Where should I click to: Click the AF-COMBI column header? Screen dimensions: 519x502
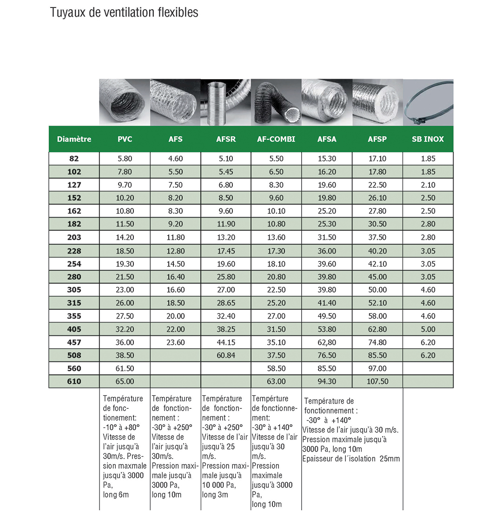[x=276, y=139]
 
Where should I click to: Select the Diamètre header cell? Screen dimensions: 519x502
[x=74, y=139]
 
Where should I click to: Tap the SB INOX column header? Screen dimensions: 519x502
[x=428, y=139]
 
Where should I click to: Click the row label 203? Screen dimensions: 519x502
[x=74, y=237]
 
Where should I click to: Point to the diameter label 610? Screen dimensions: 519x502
[x=74, y=381]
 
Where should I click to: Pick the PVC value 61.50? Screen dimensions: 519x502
[x=125, y=368]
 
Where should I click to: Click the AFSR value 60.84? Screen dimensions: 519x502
[x=226, y=355]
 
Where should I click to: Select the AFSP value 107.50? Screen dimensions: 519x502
[x=377, y=381]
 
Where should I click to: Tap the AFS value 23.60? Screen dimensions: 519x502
[x=175, y=342]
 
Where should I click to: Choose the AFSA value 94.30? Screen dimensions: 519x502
[x=327, y=381]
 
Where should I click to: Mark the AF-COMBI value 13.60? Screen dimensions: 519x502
[x=276, y=237]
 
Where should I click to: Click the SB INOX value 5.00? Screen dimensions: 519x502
[x=428, y=329]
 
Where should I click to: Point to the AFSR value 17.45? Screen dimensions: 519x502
[x=226, y=251]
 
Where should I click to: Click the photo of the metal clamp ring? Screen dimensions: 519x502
[x=428, y=102]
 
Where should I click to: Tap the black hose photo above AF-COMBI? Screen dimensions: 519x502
[x=276, y=102]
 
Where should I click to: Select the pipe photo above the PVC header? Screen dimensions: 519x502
[x=125, y=102]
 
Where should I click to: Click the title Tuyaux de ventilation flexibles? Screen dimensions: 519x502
[x=124, y=13]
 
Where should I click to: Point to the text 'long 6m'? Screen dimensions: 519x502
[x=116, y=494]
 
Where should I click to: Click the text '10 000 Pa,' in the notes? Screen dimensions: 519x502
[x=218, y=485]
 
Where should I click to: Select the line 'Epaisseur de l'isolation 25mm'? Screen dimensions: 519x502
[x=351, y=459]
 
